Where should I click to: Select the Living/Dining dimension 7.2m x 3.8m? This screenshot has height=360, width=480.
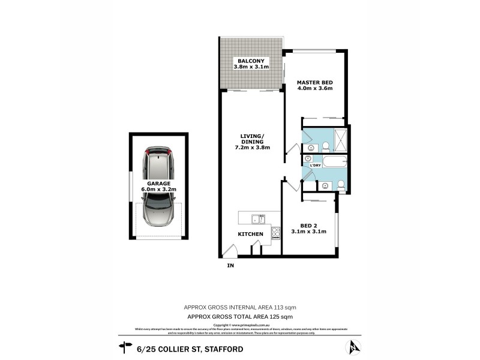(251, 147)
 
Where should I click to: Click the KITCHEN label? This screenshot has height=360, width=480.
(251, 233)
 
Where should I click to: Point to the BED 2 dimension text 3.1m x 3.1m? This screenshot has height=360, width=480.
(309, 231)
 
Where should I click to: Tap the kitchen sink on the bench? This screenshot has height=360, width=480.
(258, 219)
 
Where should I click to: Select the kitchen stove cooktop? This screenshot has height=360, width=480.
(276, 233)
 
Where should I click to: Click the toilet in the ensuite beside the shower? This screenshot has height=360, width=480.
(325, 146)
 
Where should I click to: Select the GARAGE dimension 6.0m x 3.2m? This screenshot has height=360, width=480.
(158, 190)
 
